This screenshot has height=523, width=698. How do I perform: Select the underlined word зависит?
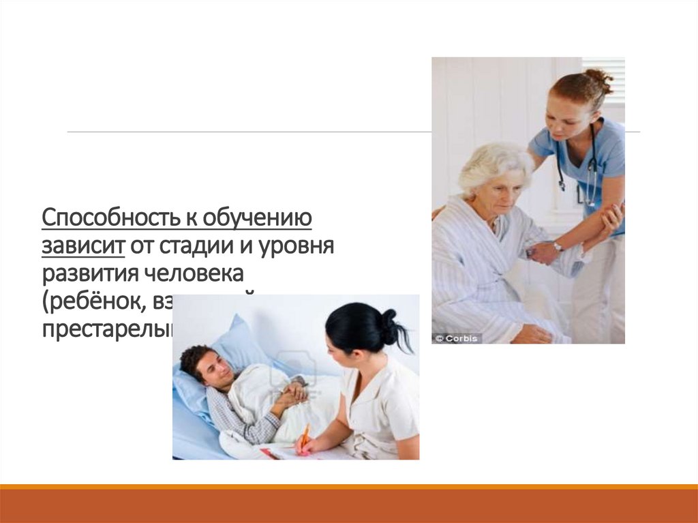point(82,245)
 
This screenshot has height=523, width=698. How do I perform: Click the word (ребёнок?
point(89,300)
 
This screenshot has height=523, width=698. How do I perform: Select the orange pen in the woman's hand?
point(304,436)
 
